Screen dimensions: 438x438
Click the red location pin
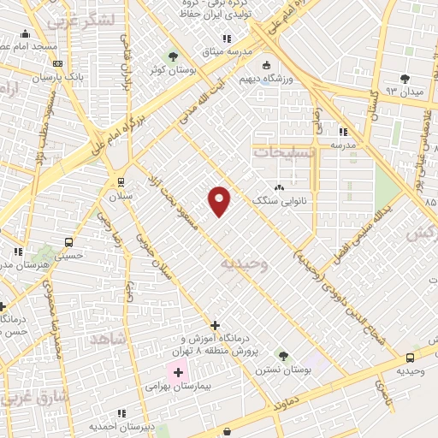[x=220, y=201]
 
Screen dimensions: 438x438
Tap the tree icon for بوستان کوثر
[x=175, y=56]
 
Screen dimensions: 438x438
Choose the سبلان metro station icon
[x=118, y=181]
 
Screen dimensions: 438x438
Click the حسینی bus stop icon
[x=68, y=242]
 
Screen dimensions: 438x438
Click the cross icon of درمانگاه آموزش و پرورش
[x=214, y=325]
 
